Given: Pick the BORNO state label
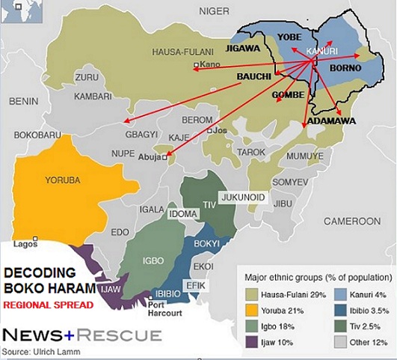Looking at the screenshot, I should point(345,68).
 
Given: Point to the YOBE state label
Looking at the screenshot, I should point(288,37).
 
